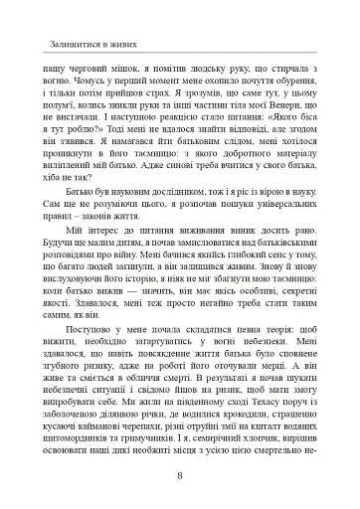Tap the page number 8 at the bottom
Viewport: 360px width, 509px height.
point(179,474)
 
